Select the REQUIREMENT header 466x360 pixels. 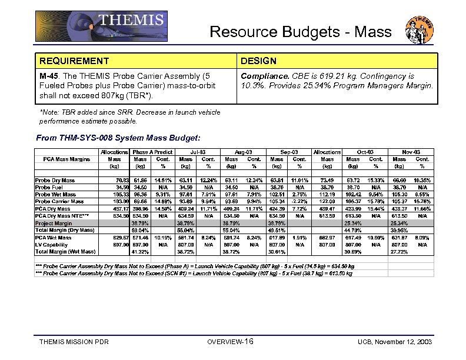pos(74,61)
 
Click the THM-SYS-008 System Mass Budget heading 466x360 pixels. pos(118,138)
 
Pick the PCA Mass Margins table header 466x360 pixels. pos(66,159)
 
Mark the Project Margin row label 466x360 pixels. pos(54,224)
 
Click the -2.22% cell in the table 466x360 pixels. pos(299,202)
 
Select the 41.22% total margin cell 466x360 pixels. pos(139,252)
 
